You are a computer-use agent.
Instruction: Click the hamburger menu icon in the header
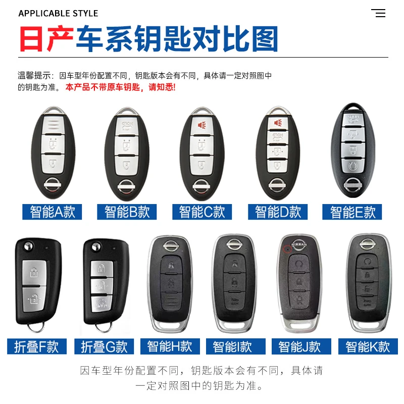[x=378, y=13]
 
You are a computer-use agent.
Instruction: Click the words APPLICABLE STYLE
[x=58, y=14]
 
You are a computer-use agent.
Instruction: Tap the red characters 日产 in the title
[x=46, y=39]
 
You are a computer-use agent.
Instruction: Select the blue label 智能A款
[x=52, y=212]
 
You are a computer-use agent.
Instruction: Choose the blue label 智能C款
[x=202, y=212]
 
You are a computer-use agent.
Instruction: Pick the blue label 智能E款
[x=352, y=212]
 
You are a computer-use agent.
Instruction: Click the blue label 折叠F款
[x=37, y=346]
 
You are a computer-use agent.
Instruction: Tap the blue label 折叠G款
[x=104, y=346]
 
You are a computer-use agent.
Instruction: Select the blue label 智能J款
[x=301, y=346]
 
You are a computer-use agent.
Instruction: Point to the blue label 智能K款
[x=368, y=346]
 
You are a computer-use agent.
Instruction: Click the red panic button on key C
[x=201, y=125]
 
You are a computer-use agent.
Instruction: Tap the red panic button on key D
[x=277, y=123]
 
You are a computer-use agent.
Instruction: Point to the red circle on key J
[x=287, y=249]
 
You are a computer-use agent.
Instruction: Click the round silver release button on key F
[x=28, y=246]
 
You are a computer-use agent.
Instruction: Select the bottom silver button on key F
[x=34, y=299]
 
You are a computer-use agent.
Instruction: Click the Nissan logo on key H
[x=171, y=245]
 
